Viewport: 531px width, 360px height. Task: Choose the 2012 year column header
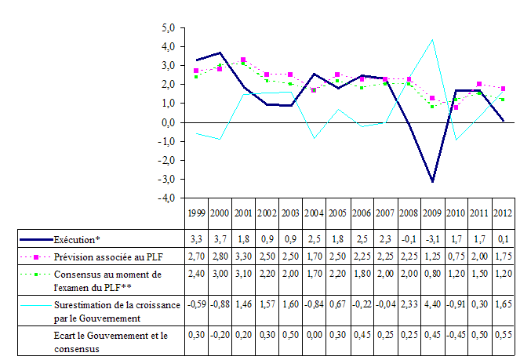(x=504, y=213)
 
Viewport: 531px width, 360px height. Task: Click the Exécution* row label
(x=78, y=238)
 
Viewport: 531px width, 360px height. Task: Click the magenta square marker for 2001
(x=243, y=60)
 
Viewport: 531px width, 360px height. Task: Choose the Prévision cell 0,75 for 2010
(x=456, y=256)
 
